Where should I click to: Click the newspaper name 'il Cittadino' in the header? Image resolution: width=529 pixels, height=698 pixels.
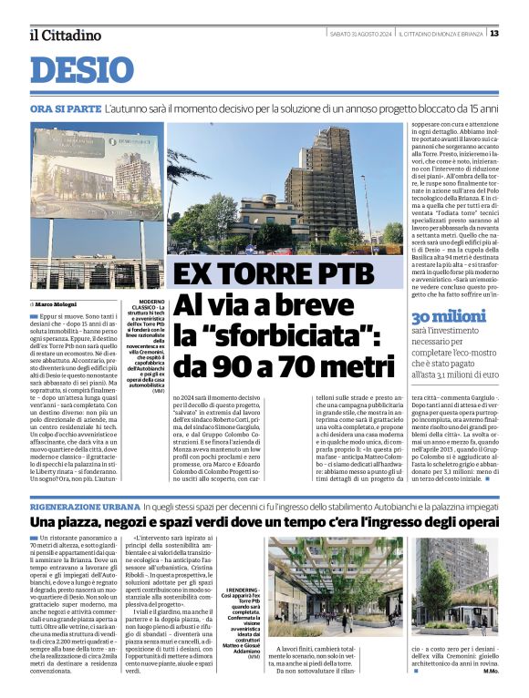[64, 35]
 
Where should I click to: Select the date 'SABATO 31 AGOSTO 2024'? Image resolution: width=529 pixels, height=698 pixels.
[360, 34]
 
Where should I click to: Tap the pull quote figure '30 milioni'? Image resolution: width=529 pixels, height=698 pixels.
[449, 316]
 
